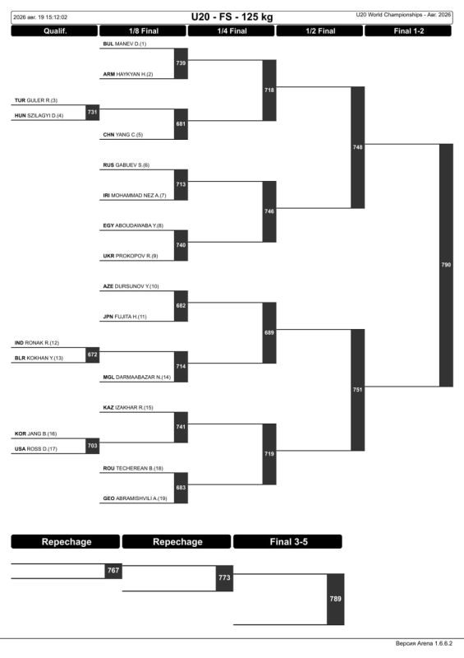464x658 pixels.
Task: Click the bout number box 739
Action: point(181,63)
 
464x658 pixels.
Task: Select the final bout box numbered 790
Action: point(446,265)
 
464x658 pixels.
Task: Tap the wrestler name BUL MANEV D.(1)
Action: point(125,44)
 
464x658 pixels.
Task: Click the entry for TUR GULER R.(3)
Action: point(36,100)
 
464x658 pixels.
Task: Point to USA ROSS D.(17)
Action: point(35,448)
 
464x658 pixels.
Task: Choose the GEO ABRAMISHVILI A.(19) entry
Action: point(135,498)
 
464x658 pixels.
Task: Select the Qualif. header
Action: point(54,31)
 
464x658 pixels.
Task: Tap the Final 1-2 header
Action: point(408,31)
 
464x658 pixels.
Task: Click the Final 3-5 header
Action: point(287,541)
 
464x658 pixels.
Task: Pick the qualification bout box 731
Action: point(92,112)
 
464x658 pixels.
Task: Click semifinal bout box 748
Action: point(357,147)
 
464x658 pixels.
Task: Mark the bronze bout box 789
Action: point(335,599)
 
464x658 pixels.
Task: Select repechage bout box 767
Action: point(113,571)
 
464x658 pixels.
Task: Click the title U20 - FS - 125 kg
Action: point(232,17)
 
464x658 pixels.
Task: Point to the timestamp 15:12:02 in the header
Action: point(57,17)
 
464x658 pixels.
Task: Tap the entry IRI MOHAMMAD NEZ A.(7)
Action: point(135,195)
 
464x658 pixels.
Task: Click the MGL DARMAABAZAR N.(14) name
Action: point(136,377)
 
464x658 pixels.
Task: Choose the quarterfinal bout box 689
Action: point(269,333)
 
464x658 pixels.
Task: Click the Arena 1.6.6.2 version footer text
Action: point(425,643)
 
